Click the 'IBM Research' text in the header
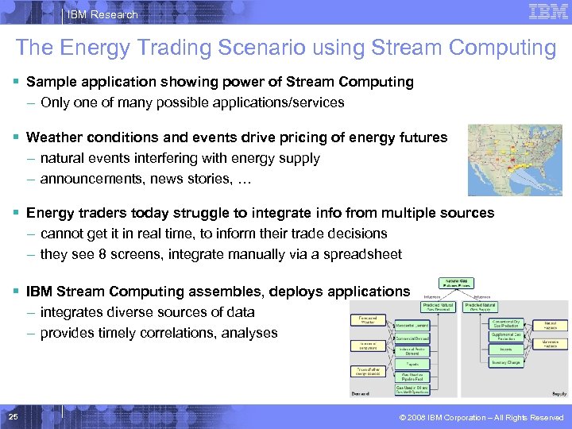coord(102,14)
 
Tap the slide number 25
coord(13,417)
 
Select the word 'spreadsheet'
coord(361,254)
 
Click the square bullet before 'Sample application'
coord(17,82)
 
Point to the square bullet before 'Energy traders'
coord(17,213)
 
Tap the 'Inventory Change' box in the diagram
coord(504,362)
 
